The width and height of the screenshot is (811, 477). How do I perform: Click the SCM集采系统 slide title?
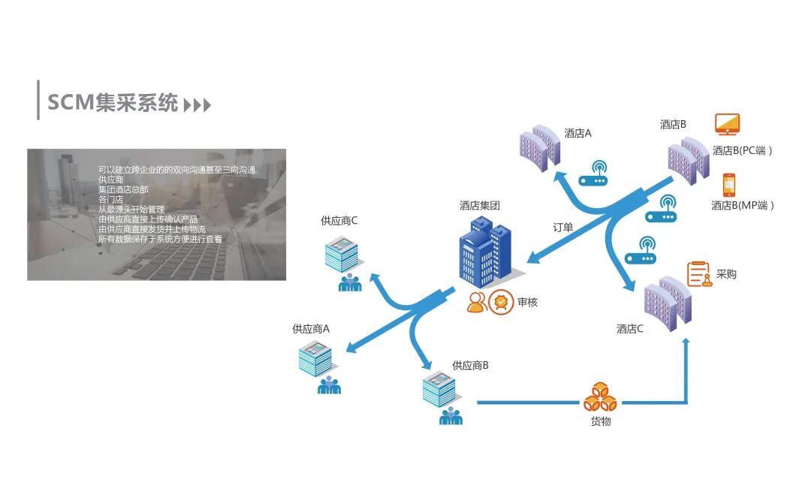[x=113, y=102]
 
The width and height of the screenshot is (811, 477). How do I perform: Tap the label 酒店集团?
[x=480, y=205]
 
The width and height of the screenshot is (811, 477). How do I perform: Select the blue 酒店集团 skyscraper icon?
[x=484, y=252]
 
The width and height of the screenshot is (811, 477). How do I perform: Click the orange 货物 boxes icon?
[x=600, y=397]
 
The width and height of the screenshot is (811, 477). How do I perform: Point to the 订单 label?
[x=562, y=227]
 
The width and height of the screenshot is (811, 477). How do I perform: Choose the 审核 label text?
[x=527, y=302]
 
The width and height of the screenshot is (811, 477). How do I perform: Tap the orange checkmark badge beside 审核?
[x=501, y=302]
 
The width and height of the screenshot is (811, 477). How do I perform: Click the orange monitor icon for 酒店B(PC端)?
[x=727, y=124]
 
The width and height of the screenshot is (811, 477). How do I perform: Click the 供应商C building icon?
[x=342, y=254]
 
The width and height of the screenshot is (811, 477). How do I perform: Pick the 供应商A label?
[x=311, y=329]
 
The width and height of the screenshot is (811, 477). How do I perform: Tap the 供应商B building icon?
[x=439, y=389]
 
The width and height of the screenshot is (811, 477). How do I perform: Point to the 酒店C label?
[x=630, y=328]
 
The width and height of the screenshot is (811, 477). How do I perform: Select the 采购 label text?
[x=726, y=274]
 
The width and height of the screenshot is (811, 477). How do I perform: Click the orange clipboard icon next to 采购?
[x=699, y=274]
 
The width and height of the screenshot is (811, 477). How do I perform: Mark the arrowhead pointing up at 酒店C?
[x=686, y=343]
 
